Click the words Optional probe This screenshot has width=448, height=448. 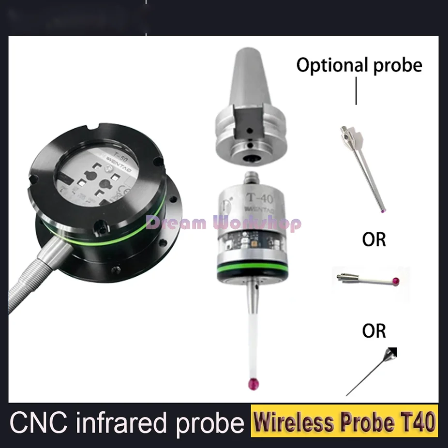click(359, 65)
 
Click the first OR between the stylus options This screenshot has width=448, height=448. click(374, 239)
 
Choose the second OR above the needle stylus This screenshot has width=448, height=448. click(374, 331)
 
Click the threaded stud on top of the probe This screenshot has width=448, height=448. click(250, 176)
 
